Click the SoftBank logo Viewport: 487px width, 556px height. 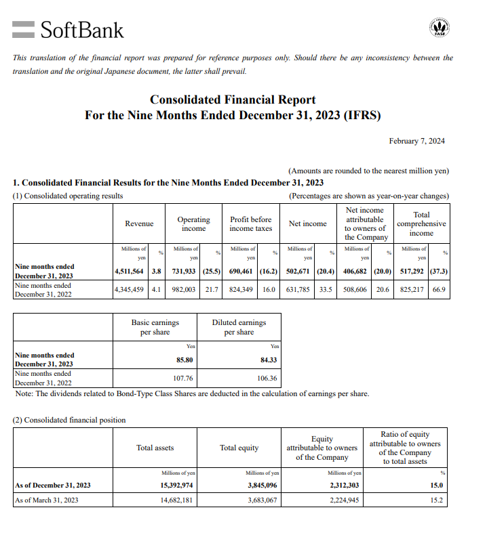pos(69,29)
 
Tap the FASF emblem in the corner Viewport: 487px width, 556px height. pos(440,28)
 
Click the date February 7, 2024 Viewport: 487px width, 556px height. pos(416,141)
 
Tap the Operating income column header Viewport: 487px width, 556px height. pos(193,223)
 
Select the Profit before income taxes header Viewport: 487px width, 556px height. pos(250,223)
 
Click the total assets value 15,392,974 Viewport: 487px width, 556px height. pos(178,485)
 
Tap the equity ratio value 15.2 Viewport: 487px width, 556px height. pos(436,500)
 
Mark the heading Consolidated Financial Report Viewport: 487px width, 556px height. pos(233,100)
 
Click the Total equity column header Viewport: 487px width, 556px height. pos(239,448)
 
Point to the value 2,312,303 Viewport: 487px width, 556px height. pos(345,485)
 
